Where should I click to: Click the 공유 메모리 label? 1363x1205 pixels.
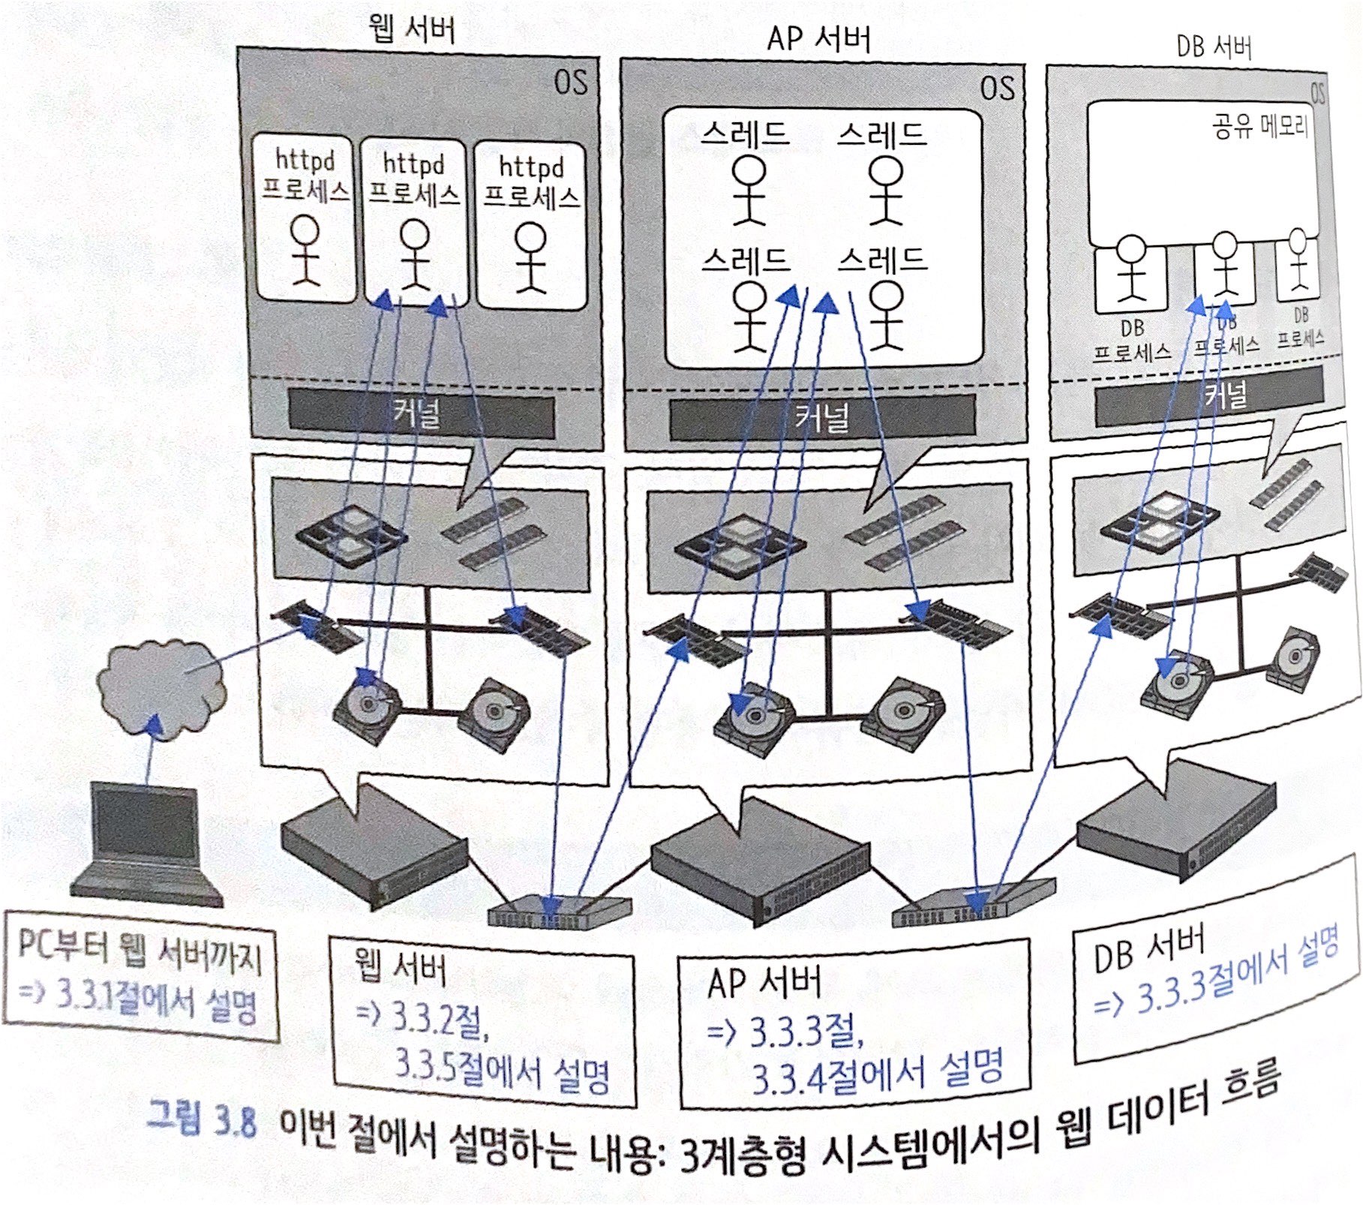(x=1259, y=126)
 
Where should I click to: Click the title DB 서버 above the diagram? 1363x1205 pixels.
(x=1214, y=47)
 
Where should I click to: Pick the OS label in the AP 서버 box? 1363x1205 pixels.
(x=997, y=88)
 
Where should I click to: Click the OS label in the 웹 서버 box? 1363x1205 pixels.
(x=571, y=81)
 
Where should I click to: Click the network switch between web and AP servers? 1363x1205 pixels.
(x=558, y=910)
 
